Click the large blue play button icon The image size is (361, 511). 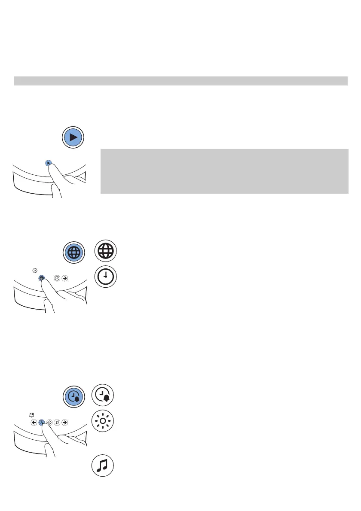pos(72,137)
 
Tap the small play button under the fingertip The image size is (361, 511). pos(48,163)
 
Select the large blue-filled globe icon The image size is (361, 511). pos(72,252)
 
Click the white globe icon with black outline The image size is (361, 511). pos(105,251)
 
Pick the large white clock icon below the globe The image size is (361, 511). pos(105,277)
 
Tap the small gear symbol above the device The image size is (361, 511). pos(35,271)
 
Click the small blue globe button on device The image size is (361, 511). pos(42,278)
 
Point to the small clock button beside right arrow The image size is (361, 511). pos(57,278)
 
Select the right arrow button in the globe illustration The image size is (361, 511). pos(64,278)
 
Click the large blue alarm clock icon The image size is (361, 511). pos(72,395)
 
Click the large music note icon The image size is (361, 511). pos(103,466)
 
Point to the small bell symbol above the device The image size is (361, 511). pos(32,415)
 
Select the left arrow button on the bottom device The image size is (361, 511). pos(34,422)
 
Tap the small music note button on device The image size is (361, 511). pos(57,422)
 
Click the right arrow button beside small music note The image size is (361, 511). pos(64,422)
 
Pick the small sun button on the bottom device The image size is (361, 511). pos(49,422)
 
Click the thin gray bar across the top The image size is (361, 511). pos(180,81)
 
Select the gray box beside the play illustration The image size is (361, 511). pos(224,171)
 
